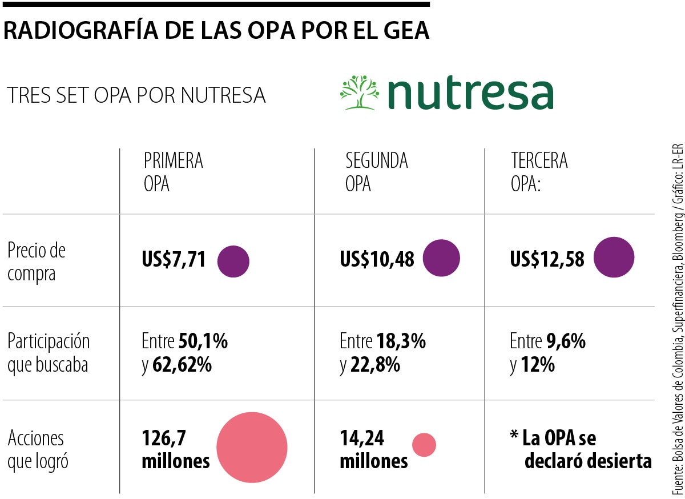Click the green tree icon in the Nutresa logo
tap(360, 92)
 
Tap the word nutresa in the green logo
tap(470, 94)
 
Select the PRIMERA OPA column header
tap(174, 172)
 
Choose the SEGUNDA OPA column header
tap(377, 172)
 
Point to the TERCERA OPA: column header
tap(539, 172)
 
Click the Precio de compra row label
tap(37, 261)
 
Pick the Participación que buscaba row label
tap(49, 353)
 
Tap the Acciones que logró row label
tap(38, 449)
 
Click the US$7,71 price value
tap(206, 260)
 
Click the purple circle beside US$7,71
tap(265, 261)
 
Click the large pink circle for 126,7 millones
tap(252, 447)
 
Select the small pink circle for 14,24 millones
tap(424, 445)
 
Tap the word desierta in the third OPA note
tap(620, 461)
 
